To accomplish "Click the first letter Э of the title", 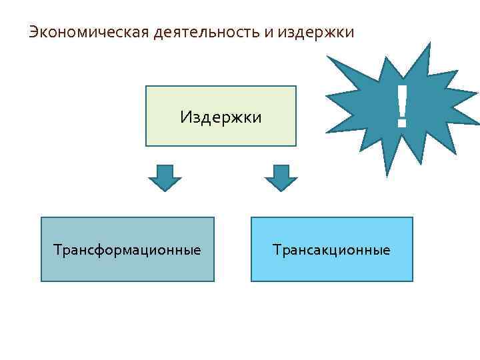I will coord(33,32).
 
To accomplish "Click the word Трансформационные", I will coord(127,251).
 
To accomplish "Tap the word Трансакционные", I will coord(331,251).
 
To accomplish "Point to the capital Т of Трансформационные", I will coord(57,251).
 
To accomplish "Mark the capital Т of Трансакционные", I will coord(276,251).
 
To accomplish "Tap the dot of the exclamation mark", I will coord(401,125).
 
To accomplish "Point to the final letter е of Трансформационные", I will coord(197,251).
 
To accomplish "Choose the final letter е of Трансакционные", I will coord(387,251).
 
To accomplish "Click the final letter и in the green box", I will coord(257,119).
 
